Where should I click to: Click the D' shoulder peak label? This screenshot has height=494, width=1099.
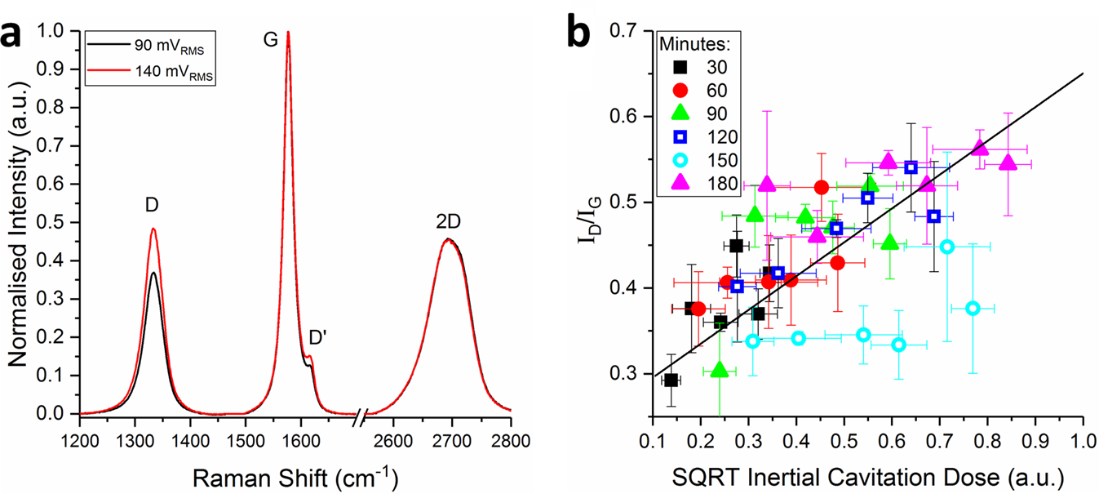(317, 337)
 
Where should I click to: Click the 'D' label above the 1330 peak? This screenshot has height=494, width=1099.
(152, 207)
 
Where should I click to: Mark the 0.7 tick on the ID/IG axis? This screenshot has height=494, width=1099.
(630, 31)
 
